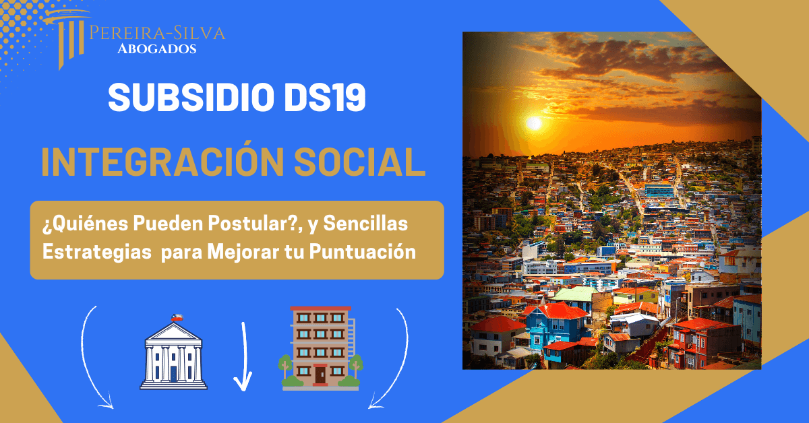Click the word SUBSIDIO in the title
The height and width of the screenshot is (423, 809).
pyautogui.click(x=191, y=98)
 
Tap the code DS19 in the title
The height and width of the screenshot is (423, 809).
pyautogui.click(x=325, y=98)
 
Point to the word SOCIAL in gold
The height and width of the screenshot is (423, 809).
pyautogui.click(x=360, y=162)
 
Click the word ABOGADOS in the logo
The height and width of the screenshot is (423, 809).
pyautogui.click(x=156, y=48)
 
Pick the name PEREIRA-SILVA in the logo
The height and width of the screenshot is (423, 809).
pyautogui.click(x=157, y=33)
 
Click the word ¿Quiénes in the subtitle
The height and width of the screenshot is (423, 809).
pyautogui.click(x=85, y=224)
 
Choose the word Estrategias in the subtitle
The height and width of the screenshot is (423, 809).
pyautogui.click(x=97, y=251)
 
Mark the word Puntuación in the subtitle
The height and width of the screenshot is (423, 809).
pyautogui.click(x=363, y=251)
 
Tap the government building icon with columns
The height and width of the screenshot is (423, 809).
pyautogui.click(x=173, y=352)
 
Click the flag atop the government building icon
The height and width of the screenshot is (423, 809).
pyautogui.click(x=177, y=318)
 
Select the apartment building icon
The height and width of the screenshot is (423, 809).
pyautogui.click(x=321, y=348)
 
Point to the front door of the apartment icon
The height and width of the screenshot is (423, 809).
pyautogui.click(x=320, y=375)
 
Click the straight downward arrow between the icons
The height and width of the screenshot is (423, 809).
pyautogui.click(x=243, y=356)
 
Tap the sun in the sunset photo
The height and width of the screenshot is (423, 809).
pyautogui.click(x=534, y=123)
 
